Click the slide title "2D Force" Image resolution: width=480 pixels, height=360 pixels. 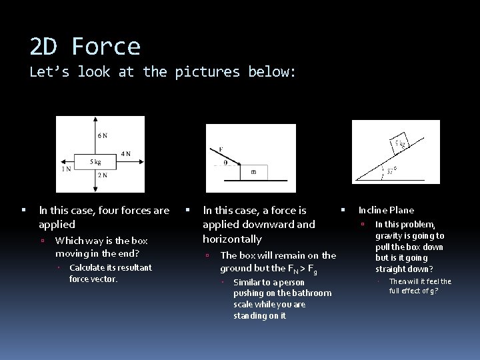(x=85, y=47)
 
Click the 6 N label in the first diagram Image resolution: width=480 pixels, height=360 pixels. (x=103, y=135)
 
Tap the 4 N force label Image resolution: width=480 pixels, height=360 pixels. (x=126, y=154)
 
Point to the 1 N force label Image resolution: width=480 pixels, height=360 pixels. (x=66, y=169)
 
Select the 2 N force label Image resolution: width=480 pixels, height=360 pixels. (x=103, y=175)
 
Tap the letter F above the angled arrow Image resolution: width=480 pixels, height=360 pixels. (x=221, y=149)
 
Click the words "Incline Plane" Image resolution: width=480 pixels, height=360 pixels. (x=386, y=210)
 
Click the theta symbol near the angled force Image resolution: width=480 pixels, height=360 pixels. (x=226, y=162)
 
